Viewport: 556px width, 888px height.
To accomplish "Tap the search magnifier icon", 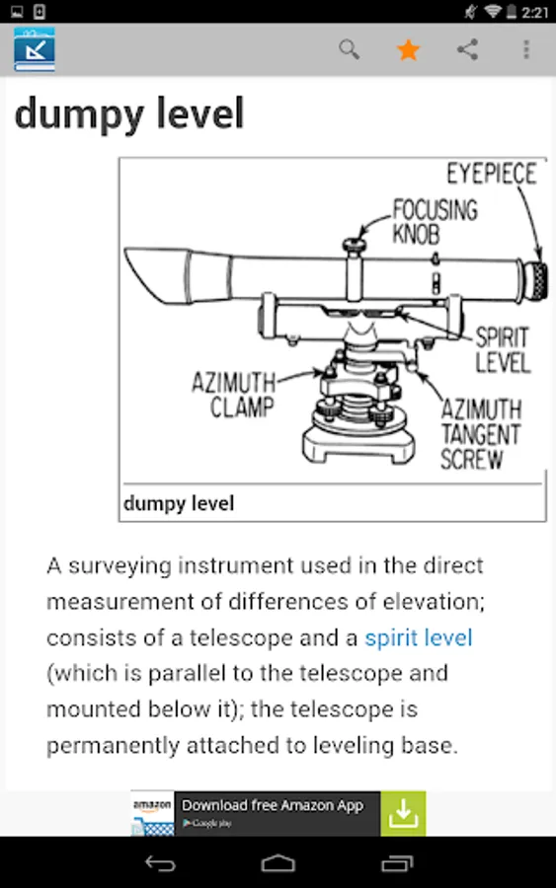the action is coord(350,50).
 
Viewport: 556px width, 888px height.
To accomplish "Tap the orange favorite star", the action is coord(408,50).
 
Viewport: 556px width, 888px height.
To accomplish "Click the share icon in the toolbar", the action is coord(467,50).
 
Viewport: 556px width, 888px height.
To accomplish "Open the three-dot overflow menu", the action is coord(526,50).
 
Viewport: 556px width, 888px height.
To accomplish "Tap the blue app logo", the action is coord(35,50).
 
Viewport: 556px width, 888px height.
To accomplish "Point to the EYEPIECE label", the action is coord(492,174).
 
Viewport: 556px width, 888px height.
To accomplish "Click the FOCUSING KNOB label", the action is coord(435,221).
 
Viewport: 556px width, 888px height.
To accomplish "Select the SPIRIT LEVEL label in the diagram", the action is coord(503,350).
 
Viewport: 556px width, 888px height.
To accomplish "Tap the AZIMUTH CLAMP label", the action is coord(233,395).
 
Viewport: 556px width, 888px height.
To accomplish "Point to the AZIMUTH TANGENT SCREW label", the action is coord(481,435).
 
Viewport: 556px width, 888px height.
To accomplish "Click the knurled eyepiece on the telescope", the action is coord(535,280).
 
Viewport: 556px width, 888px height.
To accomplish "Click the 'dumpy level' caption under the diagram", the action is coord(179,503).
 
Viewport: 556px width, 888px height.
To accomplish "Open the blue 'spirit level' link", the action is coord(419,637).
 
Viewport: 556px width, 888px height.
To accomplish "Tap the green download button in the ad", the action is coord(403,813).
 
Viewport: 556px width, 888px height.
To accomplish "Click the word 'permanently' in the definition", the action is coord(114,745).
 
